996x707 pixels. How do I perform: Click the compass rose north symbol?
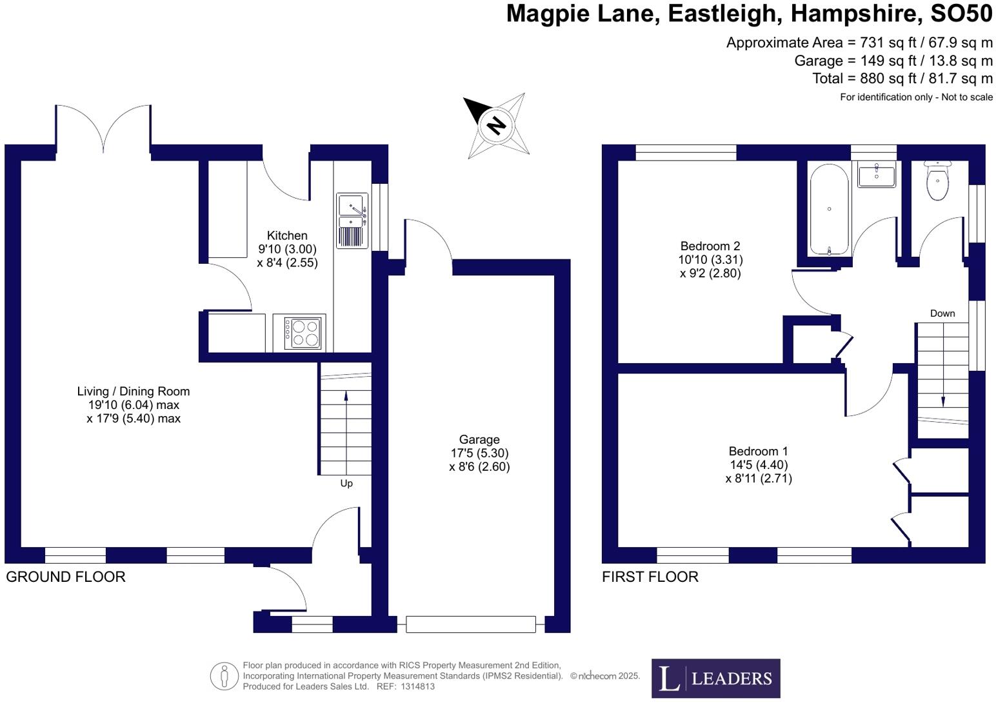click(x=495, y=124)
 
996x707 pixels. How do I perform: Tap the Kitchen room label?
click(x=287, y=236)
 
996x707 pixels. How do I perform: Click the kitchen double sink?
click(x=352, y=221)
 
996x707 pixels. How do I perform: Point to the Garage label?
click(x=479, y=440)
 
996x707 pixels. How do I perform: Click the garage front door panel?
click(x=471, y=624)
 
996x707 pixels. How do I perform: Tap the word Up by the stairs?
click(x=346, y=483)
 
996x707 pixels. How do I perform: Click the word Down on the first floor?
click(x=942, y=314)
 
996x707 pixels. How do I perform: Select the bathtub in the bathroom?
click(x=829, y=210)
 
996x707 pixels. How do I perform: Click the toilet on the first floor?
click(x=937, y=181)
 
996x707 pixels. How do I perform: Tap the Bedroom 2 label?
click(x=710, y=246)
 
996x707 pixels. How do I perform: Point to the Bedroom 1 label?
click(x=759, y=452)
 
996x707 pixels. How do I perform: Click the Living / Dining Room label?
click(x=134, y=392)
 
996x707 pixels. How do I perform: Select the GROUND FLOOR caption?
click(x=66, y=577)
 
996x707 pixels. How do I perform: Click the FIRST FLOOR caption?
click(x=650, y=577)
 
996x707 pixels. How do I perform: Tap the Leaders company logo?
click(x=715, y=678)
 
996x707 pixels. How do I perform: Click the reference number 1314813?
click(x=417, y=686)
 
